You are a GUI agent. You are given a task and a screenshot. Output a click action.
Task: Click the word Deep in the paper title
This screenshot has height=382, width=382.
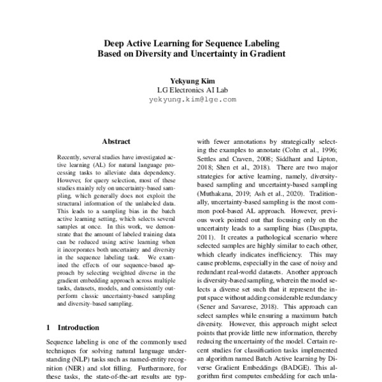tap(115, 43)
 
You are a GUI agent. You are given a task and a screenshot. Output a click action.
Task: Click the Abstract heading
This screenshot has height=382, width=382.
tap(116, 141)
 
